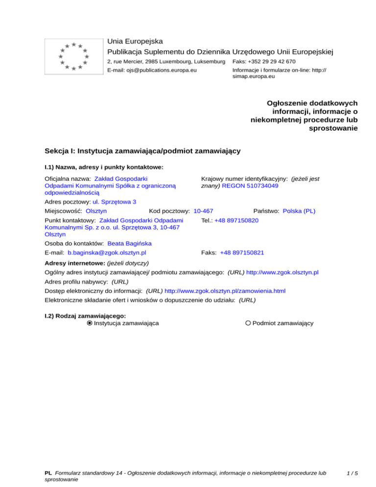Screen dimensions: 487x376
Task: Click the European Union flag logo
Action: [73, 56]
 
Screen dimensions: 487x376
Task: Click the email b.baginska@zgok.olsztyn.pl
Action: [107, 253]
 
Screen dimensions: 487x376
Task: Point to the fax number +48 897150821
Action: [242, 253]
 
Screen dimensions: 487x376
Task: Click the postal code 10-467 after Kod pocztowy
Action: [203, 211]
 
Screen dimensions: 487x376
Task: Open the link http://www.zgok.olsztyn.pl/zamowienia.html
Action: [225, 291]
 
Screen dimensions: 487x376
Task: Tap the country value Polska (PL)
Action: [299, 211]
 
